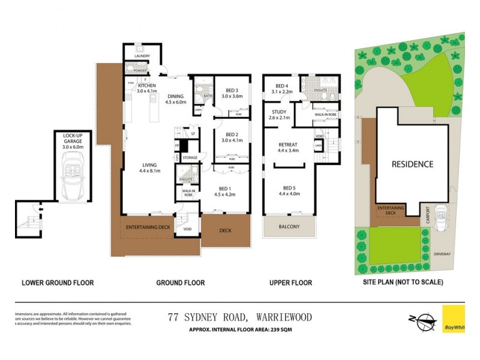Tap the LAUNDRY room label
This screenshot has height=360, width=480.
(x=142, y=56)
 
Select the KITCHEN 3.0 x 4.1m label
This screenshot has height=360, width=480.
(x=146, y=88)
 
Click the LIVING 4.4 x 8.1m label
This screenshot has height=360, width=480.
(x=149, y=168)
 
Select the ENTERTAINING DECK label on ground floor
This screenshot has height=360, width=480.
(x=148, y=227)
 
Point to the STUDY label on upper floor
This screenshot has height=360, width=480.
(x=279, y=115)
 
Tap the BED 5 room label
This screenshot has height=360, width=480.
(x=289, y=190)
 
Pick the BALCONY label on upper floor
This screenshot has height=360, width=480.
(x=289, y=227)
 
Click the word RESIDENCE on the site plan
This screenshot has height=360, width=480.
(x=412, y=164)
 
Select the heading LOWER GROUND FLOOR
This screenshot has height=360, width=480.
(x=58, y=283)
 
